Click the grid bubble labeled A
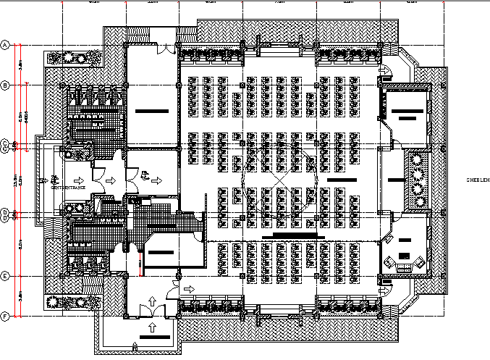[6, 45]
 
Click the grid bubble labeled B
[6, 85]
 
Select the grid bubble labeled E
[6, 276]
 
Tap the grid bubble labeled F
[6, 316]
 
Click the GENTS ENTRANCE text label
[68, 188]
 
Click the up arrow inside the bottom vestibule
[153, 299]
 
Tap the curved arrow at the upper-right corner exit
[385, 71]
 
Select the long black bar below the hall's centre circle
[293, 235]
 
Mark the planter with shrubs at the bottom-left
[72, 303]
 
